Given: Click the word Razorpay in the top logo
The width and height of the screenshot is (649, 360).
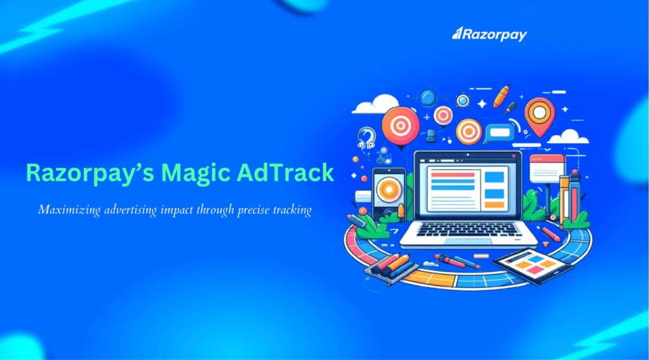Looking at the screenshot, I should [x=494, y=34].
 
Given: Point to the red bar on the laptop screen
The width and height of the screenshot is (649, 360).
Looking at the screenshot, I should [x=451, y=174].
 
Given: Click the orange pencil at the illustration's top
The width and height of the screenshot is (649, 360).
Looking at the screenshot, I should [x=502, y=96].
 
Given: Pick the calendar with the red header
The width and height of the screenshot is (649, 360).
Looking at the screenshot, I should [x=546, y=168].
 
